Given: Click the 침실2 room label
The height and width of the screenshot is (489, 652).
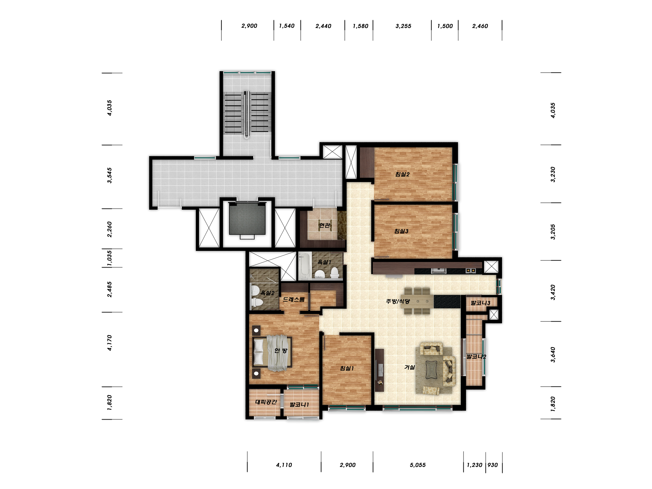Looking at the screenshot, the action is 402,174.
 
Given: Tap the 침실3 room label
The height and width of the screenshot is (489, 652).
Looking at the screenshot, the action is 401,231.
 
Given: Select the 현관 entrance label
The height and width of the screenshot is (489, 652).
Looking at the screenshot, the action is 324,225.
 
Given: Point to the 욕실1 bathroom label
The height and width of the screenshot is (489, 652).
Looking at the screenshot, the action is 324,262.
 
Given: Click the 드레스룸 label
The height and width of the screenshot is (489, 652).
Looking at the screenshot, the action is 294,299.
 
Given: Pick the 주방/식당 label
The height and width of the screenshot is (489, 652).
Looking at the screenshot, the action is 398,301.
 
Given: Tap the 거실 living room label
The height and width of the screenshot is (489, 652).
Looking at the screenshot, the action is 409,367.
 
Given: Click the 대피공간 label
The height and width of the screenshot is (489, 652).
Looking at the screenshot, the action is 266,402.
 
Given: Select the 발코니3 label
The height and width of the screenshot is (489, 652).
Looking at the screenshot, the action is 480,303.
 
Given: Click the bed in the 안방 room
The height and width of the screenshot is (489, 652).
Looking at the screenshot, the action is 272,353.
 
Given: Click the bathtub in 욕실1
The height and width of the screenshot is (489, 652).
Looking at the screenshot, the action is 304,265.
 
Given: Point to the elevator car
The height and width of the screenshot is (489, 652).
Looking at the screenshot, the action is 247,219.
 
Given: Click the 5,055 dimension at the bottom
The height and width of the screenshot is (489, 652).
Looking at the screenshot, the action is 418,465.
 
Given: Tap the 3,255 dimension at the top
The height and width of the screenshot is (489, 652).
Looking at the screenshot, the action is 403,26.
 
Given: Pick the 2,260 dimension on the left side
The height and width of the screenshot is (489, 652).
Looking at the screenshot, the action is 109,229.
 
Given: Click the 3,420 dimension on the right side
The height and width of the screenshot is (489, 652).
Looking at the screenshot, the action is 553,292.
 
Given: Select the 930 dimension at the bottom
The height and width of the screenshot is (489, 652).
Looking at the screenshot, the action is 493,465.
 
